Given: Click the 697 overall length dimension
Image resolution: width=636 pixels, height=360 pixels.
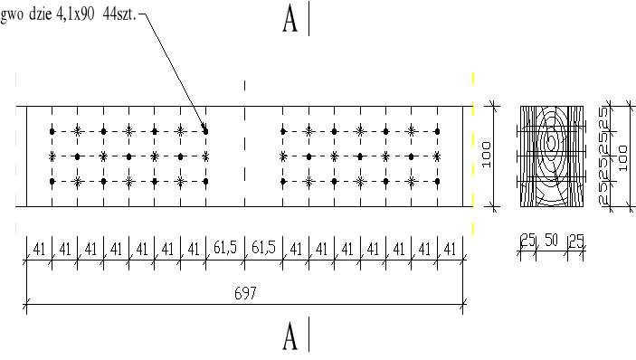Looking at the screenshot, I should point(246,294).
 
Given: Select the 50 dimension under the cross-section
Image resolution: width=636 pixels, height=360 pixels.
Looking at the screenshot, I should point(551,240).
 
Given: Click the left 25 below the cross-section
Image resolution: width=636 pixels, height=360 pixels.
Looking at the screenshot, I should point(527,240).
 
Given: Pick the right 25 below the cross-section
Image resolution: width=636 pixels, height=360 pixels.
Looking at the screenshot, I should point(575,240).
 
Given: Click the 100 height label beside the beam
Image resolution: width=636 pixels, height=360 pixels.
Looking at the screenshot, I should point(486,156).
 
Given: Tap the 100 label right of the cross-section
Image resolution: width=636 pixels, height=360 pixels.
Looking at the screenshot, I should point(623,156).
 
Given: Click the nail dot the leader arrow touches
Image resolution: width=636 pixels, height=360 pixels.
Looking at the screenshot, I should point(205,131).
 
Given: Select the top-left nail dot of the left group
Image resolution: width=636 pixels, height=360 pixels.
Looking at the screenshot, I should point(52,131).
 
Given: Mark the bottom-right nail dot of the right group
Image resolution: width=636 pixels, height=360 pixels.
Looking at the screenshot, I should point(438,182).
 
